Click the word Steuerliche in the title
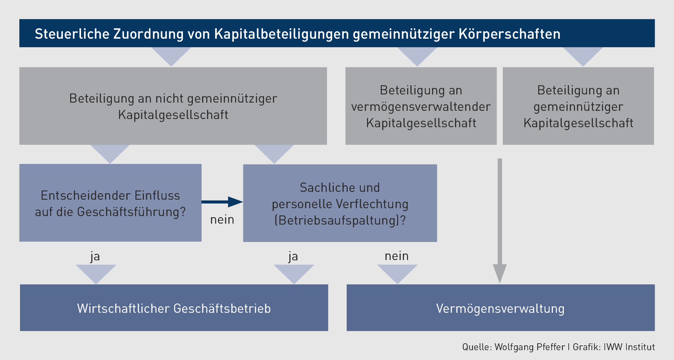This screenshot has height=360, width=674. click(x=72, y=34)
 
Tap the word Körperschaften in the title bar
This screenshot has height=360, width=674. click(x=510, y=34)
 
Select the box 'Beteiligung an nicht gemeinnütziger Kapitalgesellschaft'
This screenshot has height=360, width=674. click(x=173, y=106)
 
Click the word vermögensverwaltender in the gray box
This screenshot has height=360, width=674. click(x=421, y=107)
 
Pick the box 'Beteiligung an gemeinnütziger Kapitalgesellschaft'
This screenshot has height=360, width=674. click(x=578, y=106)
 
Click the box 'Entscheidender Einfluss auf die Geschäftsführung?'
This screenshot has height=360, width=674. click(x=111, y=203)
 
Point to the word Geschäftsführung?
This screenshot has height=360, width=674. click(x=131, y=212)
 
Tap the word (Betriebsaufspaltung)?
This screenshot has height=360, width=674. click(x=340, y=220)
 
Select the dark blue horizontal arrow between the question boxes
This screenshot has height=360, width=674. click(x=222, y=202)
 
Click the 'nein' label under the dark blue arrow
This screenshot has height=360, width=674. click(x=222, y=220)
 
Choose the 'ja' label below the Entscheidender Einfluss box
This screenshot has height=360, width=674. click(x=95, y=256)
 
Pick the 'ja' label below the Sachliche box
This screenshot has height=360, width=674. click(x=293, y=256)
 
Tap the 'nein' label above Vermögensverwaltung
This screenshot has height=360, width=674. click(x=397, y=256)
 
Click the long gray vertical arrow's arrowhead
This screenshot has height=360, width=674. click(x=500, y=273)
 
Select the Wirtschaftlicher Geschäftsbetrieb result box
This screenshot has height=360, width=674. click(x=174, y=308)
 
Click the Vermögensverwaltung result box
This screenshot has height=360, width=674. click(x=501, y=308)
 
